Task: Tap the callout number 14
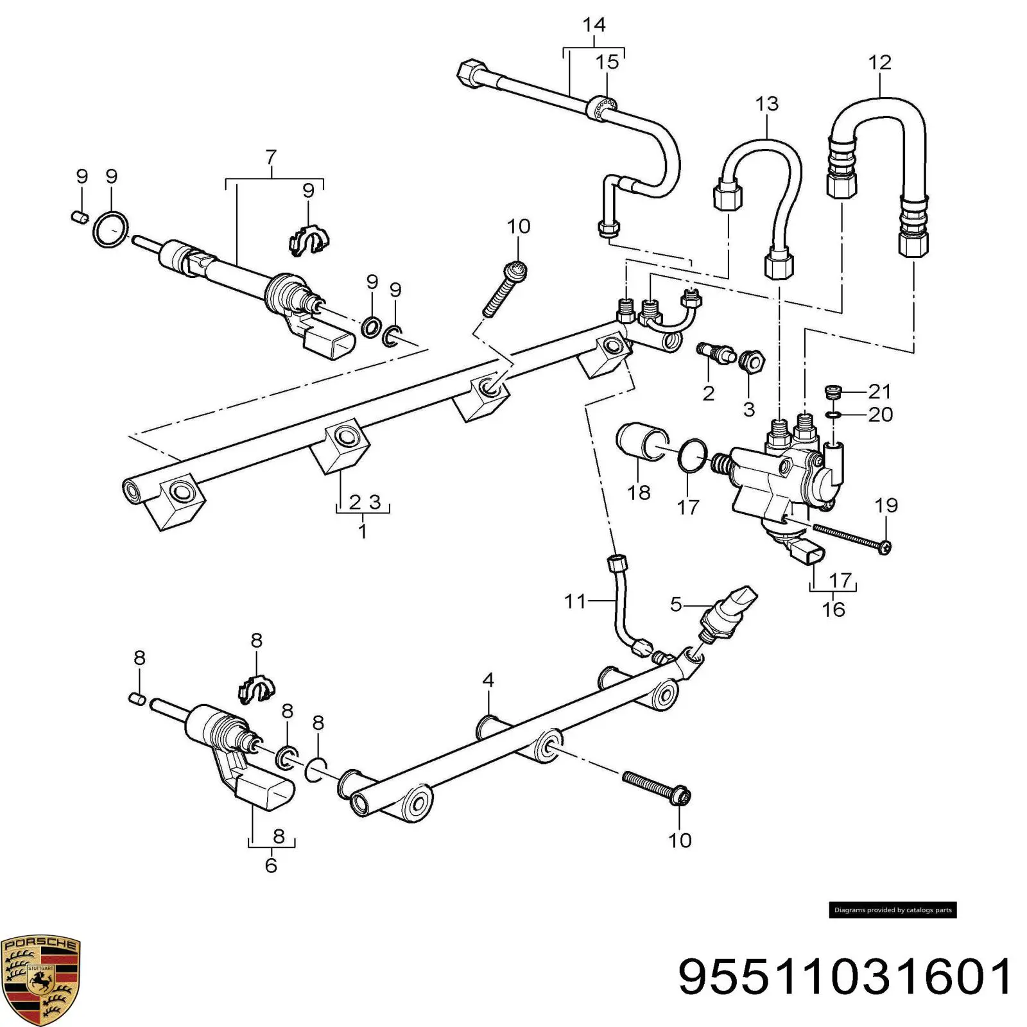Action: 594,25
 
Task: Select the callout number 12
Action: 879,62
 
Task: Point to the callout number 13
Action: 766,103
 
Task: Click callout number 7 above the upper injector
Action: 271,157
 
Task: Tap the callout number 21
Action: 879,391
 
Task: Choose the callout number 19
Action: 886,505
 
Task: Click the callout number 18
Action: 639,492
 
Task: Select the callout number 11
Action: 575,601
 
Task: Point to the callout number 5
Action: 676,604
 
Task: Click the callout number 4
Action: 488,680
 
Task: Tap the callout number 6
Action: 272,865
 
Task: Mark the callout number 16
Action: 834,609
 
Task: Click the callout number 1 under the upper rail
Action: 363,531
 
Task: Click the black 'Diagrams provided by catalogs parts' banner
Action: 893,910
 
